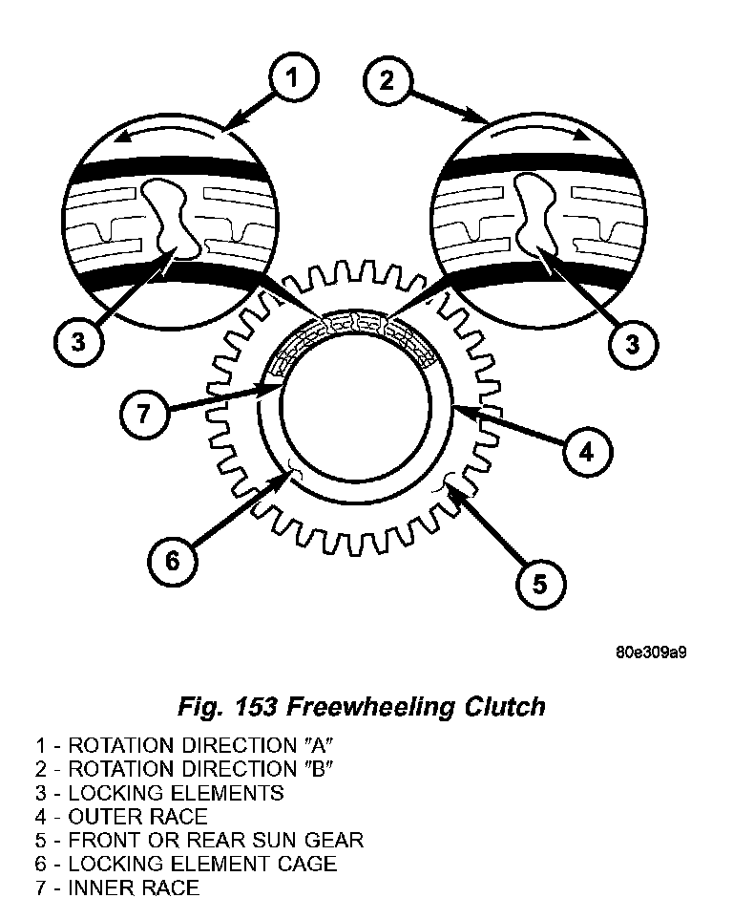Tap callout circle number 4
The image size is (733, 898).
[x=585, y=451]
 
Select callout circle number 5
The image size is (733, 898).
[x=539, y=583]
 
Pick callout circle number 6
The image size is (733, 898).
[x=172, y=561]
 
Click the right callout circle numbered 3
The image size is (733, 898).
[x=632, y=343]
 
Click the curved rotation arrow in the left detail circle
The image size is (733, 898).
[x=171, y=135]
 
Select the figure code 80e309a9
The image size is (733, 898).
[x=651, y=653]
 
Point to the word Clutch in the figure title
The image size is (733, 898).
[x=509, y=707]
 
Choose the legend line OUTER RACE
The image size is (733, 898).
[x=121, y=817]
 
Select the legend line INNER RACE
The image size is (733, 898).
[x=117, y=887]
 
